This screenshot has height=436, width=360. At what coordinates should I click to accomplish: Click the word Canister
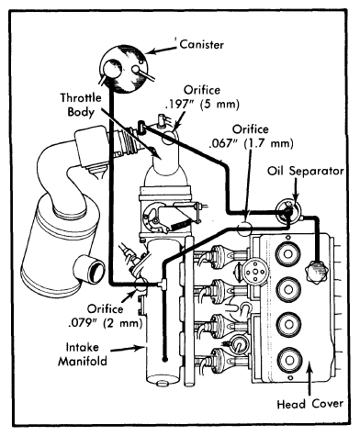point(202,45)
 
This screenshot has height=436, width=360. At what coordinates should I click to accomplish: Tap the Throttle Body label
point(81,105)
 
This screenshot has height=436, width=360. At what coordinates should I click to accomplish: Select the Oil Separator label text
point(306,171)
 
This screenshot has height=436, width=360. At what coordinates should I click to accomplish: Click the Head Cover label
point(309,404)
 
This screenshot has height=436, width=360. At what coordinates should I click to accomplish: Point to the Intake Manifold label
point(83,354)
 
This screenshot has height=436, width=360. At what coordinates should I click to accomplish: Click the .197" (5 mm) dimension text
point(202,105)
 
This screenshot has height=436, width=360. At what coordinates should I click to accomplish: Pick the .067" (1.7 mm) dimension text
point(251,143)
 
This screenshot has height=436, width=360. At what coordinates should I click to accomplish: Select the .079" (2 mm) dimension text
point(106,323)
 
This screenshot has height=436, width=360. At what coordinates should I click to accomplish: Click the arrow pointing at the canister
point(162,50)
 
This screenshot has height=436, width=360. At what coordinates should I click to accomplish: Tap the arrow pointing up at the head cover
point(310,378)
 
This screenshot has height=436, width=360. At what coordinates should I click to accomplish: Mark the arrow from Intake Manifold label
point(128,348)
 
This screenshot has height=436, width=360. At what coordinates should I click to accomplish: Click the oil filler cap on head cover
point(317,271)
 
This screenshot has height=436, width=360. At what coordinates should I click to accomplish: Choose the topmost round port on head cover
point(288,253)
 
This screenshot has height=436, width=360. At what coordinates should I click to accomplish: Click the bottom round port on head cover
point(289,360)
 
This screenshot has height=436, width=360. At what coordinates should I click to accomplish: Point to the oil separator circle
point(288,210)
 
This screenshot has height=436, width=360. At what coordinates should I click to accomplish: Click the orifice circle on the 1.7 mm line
point(244,228)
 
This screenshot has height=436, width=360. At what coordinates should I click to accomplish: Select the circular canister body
point(124,69)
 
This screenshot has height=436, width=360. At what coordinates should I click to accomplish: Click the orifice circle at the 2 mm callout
point(141,285)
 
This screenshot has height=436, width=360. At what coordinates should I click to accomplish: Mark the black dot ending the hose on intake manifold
point(165,360)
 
